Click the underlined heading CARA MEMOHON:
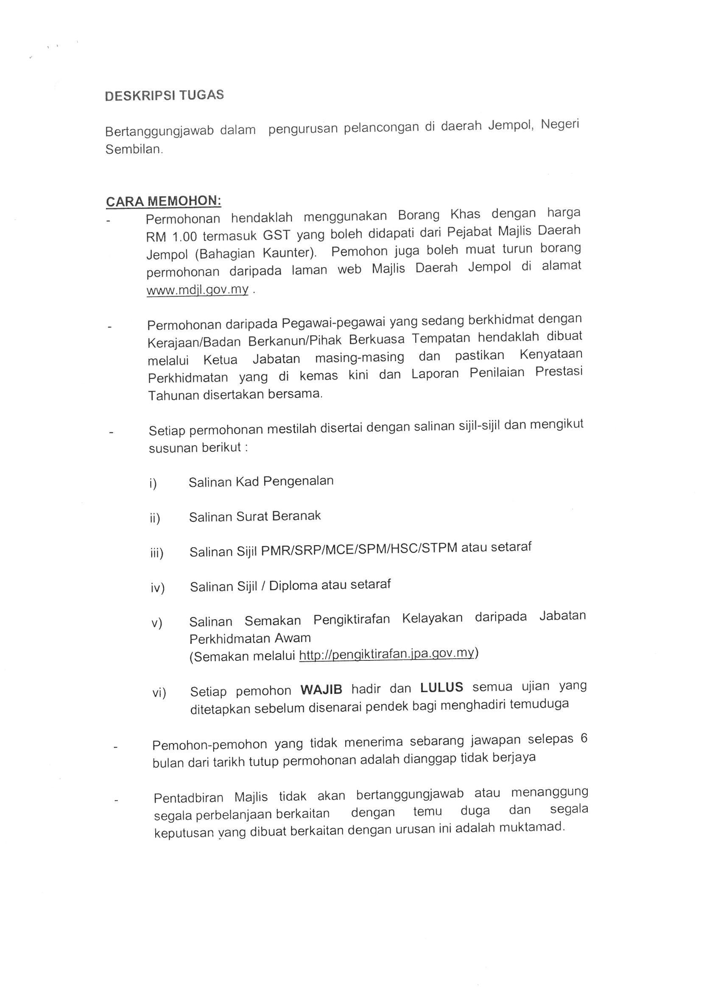point(163,201)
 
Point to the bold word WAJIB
point(321,689)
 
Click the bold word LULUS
point(441,688)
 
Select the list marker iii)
point(157,553)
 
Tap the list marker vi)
point(159,693)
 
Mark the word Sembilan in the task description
point(134,150)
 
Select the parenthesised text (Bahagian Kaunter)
point(232,254)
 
